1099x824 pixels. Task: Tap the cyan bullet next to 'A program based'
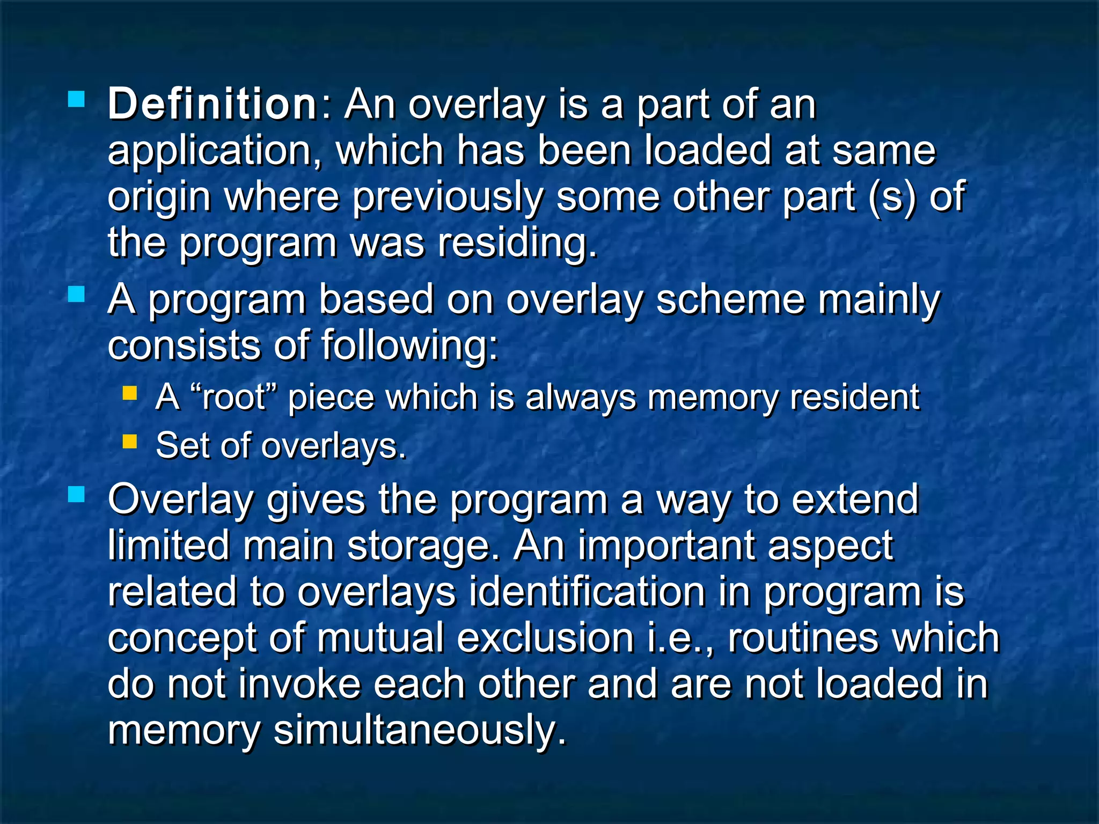click(x=77, y=294)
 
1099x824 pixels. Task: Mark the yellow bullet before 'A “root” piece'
click(x=130, y=394)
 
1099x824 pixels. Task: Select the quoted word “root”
click(x=233, y=398)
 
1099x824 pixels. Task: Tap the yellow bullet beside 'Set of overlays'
click(x=130, y=442)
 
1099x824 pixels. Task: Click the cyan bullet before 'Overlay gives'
click(x=77, y=494)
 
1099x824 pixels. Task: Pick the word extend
click(x=855, y=499)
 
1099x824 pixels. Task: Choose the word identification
click(x=587, y=592)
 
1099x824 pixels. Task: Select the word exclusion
click(x=546, y=638)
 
